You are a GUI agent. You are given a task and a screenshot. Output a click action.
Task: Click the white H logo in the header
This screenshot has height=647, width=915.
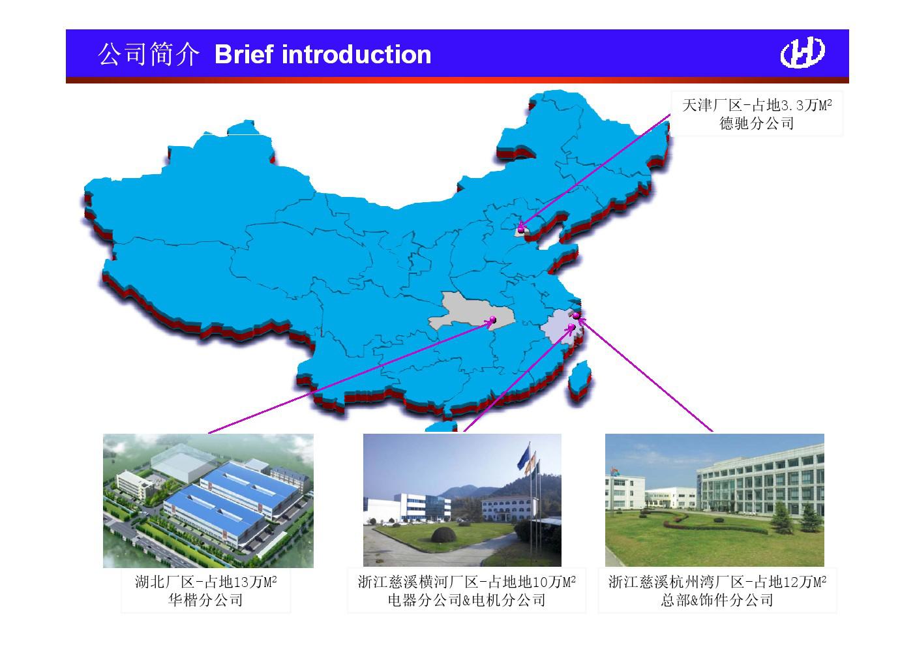[802, 52]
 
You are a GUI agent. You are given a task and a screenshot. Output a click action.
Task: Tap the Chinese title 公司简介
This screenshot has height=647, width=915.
[149, 54]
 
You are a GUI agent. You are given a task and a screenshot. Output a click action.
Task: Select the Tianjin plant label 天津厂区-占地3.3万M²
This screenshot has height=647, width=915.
[757, 105]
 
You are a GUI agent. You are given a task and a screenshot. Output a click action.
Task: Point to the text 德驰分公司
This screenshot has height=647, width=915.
[757, 123]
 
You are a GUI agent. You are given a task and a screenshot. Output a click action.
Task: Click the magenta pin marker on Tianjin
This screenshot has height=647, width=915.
[521, 230]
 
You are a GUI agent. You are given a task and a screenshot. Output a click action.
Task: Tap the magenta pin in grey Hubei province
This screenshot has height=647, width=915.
[492, 320]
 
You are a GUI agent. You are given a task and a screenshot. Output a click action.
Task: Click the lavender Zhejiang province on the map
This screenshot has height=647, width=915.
[560, 327]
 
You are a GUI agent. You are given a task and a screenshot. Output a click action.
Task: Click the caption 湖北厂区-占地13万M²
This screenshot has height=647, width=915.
[206, 582]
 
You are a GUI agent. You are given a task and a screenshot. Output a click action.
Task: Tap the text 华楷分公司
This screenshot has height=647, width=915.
[206, 600]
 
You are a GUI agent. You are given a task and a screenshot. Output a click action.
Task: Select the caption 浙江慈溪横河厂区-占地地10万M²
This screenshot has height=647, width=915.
[466, 582]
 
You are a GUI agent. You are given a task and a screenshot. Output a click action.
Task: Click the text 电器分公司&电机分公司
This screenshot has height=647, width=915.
[466, 600]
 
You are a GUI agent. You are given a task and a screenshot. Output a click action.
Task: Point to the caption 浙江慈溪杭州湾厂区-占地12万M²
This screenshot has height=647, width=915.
[717, 582]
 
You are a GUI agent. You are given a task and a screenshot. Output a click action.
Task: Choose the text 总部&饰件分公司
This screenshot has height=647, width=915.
[717, 600]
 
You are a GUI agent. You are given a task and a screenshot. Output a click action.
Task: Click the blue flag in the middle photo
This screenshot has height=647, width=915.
[523, 457]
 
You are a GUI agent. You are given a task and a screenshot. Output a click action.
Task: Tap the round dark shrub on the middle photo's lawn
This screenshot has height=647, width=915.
[443, 534]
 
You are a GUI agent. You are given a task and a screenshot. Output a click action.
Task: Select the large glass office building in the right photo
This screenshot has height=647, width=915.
[760, 482]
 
